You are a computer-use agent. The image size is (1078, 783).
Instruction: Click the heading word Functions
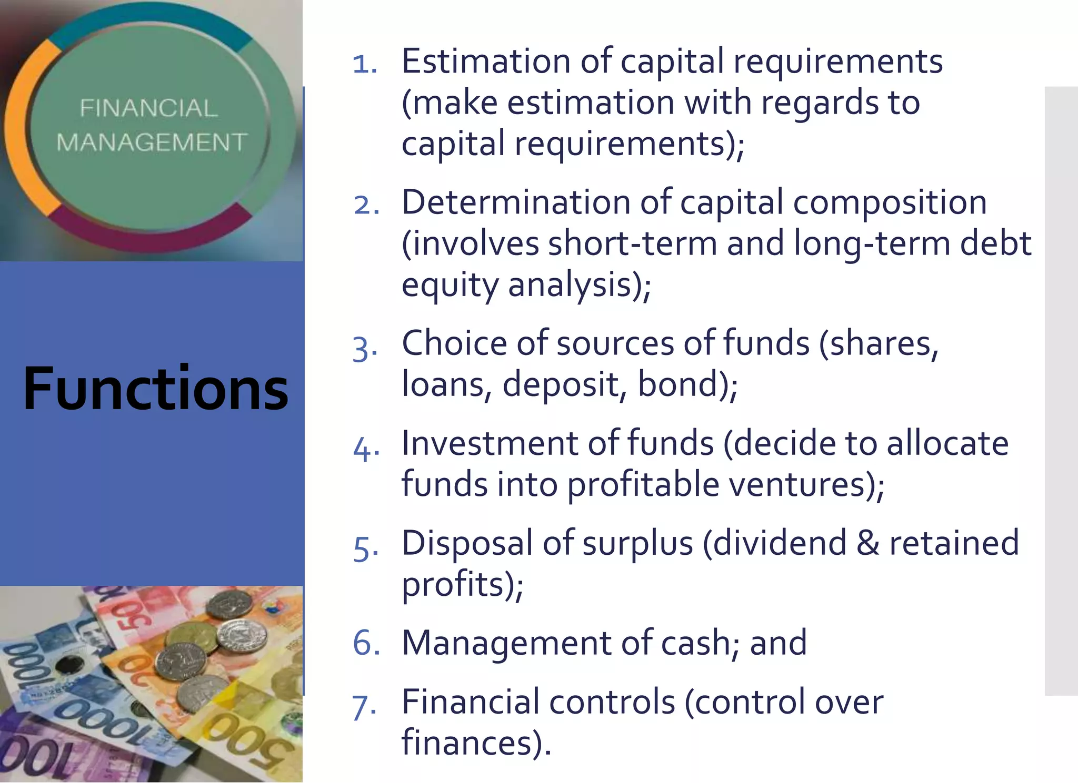(156, 389)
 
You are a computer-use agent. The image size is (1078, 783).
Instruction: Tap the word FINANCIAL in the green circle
(148, 108)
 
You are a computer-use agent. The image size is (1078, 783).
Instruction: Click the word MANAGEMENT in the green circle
(152, 143)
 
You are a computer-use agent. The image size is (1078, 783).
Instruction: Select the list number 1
(365, 64)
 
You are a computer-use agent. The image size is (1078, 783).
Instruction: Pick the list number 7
(365, 706)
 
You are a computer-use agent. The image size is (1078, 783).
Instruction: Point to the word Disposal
(467, 543)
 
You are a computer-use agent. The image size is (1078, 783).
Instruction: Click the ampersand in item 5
(867, 543)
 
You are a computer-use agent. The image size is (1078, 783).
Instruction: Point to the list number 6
(366, 643)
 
